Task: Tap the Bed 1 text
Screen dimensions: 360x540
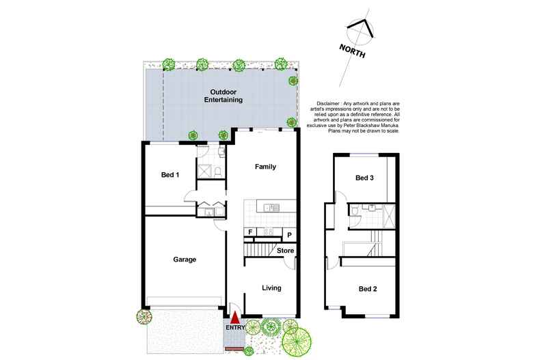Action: coord(170,175)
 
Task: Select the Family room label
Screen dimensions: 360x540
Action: coord(265,167)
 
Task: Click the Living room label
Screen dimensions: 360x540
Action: coord(271,288)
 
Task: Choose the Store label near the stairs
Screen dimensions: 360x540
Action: coord(285,251)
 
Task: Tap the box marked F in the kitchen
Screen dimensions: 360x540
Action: coord(250,232)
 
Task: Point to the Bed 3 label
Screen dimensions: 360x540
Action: coord(366,178)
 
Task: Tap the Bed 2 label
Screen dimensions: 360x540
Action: coord(368,289)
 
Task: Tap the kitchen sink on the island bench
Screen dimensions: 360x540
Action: coord(271,206)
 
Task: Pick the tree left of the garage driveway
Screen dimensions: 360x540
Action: coord(144,316)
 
